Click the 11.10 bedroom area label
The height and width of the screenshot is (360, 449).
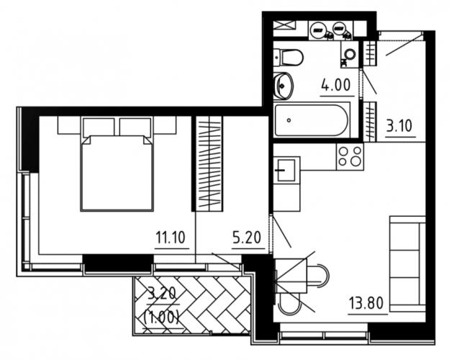click(x=171, y=238)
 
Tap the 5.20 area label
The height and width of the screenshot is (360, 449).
click(x=247, y=238)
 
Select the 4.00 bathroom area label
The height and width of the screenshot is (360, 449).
click(x=336, y=85)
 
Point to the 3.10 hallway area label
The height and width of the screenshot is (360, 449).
click(x=399, y=125)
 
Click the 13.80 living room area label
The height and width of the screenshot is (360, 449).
click(x=366, y=303)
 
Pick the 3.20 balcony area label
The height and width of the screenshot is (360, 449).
click(x=161, y=294)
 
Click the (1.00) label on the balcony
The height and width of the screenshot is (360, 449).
click(x=161, y=318)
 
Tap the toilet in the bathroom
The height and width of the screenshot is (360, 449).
click(x=288, y=57)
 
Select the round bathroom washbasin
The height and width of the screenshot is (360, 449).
click(x=284, y=86)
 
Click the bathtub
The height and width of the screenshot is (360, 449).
click(x=312, y=120)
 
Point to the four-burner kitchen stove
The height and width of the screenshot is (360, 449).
click(x=350, y=156)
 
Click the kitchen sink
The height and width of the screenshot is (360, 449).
click(x=286, y=170)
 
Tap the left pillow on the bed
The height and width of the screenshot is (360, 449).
click(x=99, y=127)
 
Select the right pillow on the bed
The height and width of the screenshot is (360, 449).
click(x=135, y=127)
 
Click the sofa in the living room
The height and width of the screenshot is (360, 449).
click(x=408, y=264)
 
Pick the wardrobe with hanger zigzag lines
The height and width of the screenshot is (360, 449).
click(x=209, y=163)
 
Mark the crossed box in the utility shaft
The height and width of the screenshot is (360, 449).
click(x=284, y=25)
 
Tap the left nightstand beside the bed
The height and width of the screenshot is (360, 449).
click(x=70, y=125)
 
